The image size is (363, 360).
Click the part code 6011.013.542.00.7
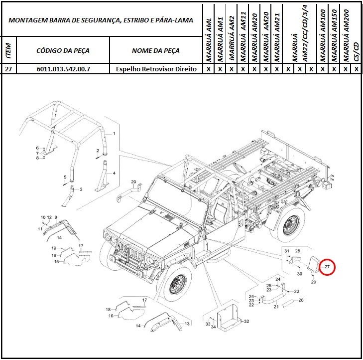coord(63,69)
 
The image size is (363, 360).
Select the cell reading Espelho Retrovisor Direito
coord(156,69)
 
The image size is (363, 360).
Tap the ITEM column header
coord(8,50)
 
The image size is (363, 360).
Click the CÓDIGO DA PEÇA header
coord(63,50)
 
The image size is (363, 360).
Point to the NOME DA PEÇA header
coord(156,50)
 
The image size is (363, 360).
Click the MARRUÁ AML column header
coord(209,40)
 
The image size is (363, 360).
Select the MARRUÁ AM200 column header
coord(346,35)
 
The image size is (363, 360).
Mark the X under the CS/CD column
coord(357,69)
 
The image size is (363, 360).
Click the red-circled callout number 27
coord(327,267)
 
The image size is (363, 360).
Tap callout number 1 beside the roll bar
coord(114,134)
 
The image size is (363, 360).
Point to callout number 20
coord(133,181)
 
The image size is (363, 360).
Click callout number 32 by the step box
coord(246,321)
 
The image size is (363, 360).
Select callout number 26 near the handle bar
coord(301,300)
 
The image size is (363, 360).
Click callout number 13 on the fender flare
coord(187,324)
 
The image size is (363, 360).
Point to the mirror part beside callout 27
coord(314,263)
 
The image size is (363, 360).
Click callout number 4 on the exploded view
coord(114,173)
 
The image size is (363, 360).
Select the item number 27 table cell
coord(8,69)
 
